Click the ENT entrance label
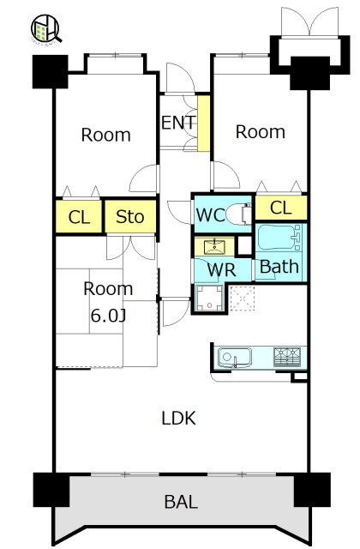coord(178,123)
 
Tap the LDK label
coord(179,418)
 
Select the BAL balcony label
coord(181,502)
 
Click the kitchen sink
coord(235,358)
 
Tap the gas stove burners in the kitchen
coord(287,357)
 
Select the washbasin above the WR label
coord(214,246)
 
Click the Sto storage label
coord(129,217)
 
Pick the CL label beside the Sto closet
coord(79,217)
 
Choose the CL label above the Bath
coord(281,208)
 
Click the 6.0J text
coord(108,316)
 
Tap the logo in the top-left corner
coord(45,28)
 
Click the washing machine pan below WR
coord(209,298)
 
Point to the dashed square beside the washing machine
coord(243,299)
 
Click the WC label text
coord(210,215)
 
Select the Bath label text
coord(279,267)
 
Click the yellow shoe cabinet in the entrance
coord(204,124)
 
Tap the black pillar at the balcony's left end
coord(51,490)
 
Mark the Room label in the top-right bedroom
coord(261,132)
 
